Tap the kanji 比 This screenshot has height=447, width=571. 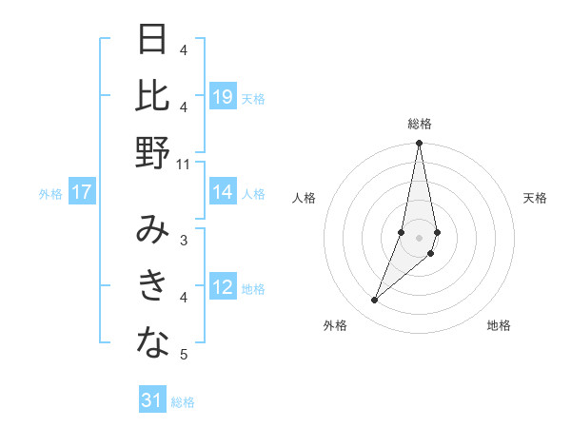[153, 96]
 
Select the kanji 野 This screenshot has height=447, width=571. [153, 153]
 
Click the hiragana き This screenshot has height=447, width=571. [153, 286]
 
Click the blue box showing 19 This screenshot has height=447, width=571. [223, 97]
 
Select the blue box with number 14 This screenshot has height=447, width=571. [223, 192]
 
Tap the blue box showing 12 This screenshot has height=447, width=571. [223, 287]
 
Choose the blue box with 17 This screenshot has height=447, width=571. [81, 192]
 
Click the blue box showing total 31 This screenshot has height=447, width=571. [152, 400]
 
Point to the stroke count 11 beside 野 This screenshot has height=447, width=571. [184, 165]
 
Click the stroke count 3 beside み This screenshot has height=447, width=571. [184, 241]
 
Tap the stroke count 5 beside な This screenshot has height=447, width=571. [184, 355]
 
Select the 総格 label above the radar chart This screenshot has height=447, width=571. [420, 124]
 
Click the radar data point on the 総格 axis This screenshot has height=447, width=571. [420, 144]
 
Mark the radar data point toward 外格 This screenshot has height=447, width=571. [375, 301]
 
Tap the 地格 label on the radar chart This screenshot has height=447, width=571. [499, 325]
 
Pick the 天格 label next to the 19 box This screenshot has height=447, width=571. [253, 98]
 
